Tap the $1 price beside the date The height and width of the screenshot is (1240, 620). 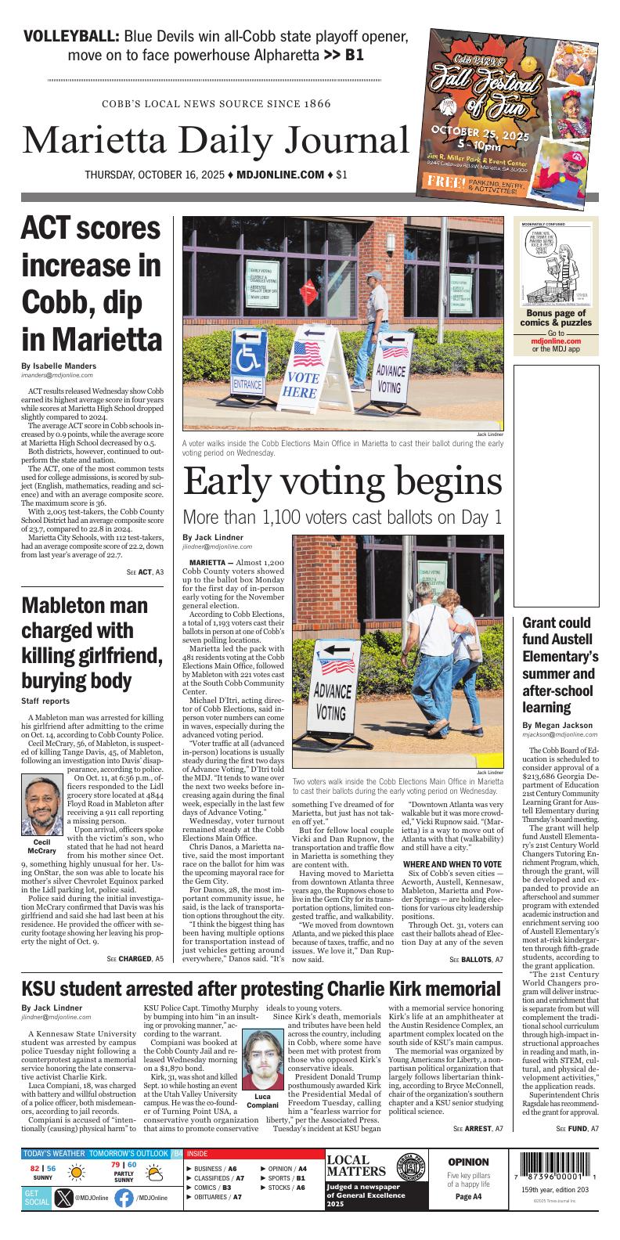(341, 175)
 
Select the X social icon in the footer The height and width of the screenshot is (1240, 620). (63, 1198)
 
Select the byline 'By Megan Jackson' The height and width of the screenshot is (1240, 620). (557, 725)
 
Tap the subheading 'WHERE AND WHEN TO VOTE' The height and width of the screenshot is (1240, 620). (452, 864)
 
